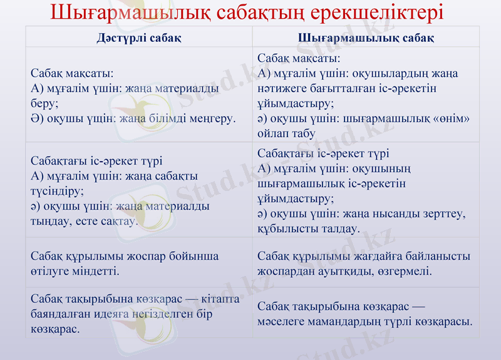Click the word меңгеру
pos(209,118)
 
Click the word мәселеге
pos(281,322)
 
